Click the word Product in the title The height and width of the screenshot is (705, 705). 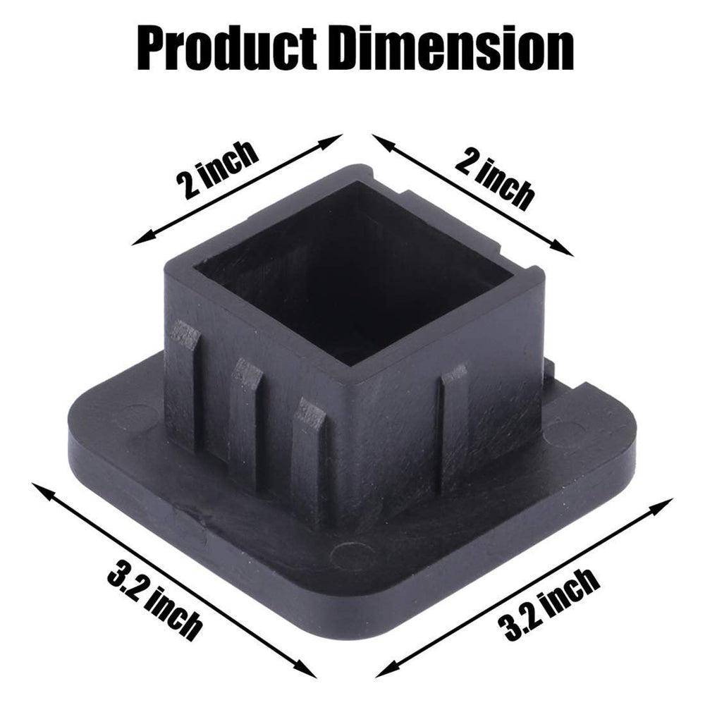click(x=228, y=49)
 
